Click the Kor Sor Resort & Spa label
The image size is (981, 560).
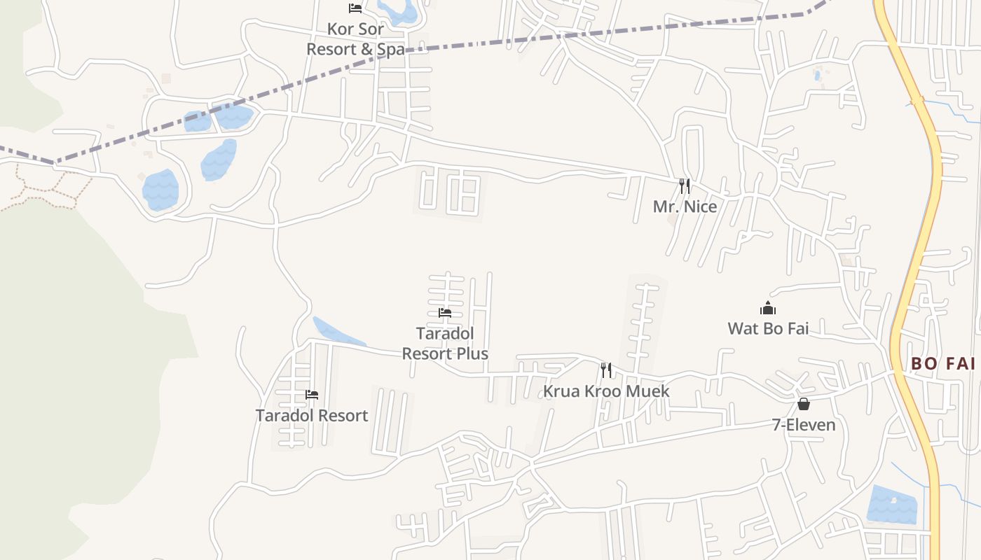[355, 39]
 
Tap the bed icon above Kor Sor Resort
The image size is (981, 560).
[355, 8]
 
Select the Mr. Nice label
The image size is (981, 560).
[685, 206]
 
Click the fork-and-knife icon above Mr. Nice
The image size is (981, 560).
[685, 185]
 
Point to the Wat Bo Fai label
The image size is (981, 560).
[768, 328]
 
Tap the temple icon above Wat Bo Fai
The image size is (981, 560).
[768, 308]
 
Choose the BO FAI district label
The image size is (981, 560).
[943, 363]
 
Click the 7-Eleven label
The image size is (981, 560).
[804, 425]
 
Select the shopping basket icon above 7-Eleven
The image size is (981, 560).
[804, 404]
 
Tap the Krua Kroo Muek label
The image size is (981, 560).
[606, 391]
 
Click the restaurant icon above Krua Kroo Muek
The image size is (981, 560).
[606, 370]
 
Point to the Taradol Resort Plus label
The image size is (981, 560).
[445, 343]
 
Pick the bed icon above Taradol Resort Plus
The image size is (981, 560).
[445, 313]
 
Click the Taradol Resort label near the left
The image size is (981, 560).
[312, 415]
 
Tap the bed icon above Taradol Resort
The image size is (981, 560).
[312, 395]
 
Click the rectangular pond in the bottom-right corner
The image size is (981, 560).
[891, 505]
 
